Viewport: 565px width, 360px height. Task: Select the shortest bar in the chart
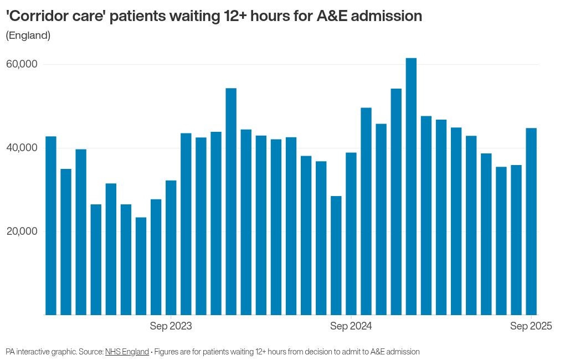pos(141,266)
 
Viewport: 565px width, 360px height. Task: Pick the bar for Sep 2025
pos(531,222)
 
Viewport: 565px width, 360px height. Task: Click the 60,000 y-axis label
pos(22,64)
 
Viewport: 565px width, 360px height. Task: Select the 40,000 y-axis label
pos(22,148)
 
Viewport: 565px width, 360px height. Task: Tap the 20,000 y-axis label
pos(22,232)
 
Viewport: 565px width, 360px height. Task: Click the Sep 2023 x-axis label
pos(171,326)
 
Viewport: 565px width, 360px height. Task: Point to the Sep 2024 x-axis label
pos(351,326)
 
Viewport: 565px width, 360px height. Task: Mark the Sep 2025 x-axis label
pos(531,326)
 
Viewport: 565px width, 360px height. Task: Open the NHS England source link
pos(127,352)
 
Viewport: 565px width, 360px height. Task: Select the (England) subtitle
pos(28,35)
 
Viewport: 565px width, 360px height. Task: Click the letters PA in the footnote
pos(10,352)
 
